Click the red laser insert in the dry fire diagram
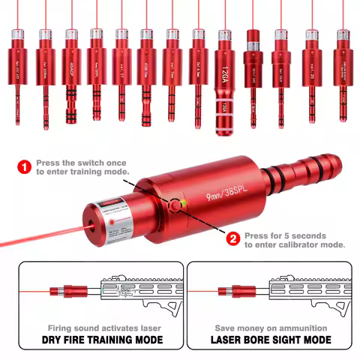62,291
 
